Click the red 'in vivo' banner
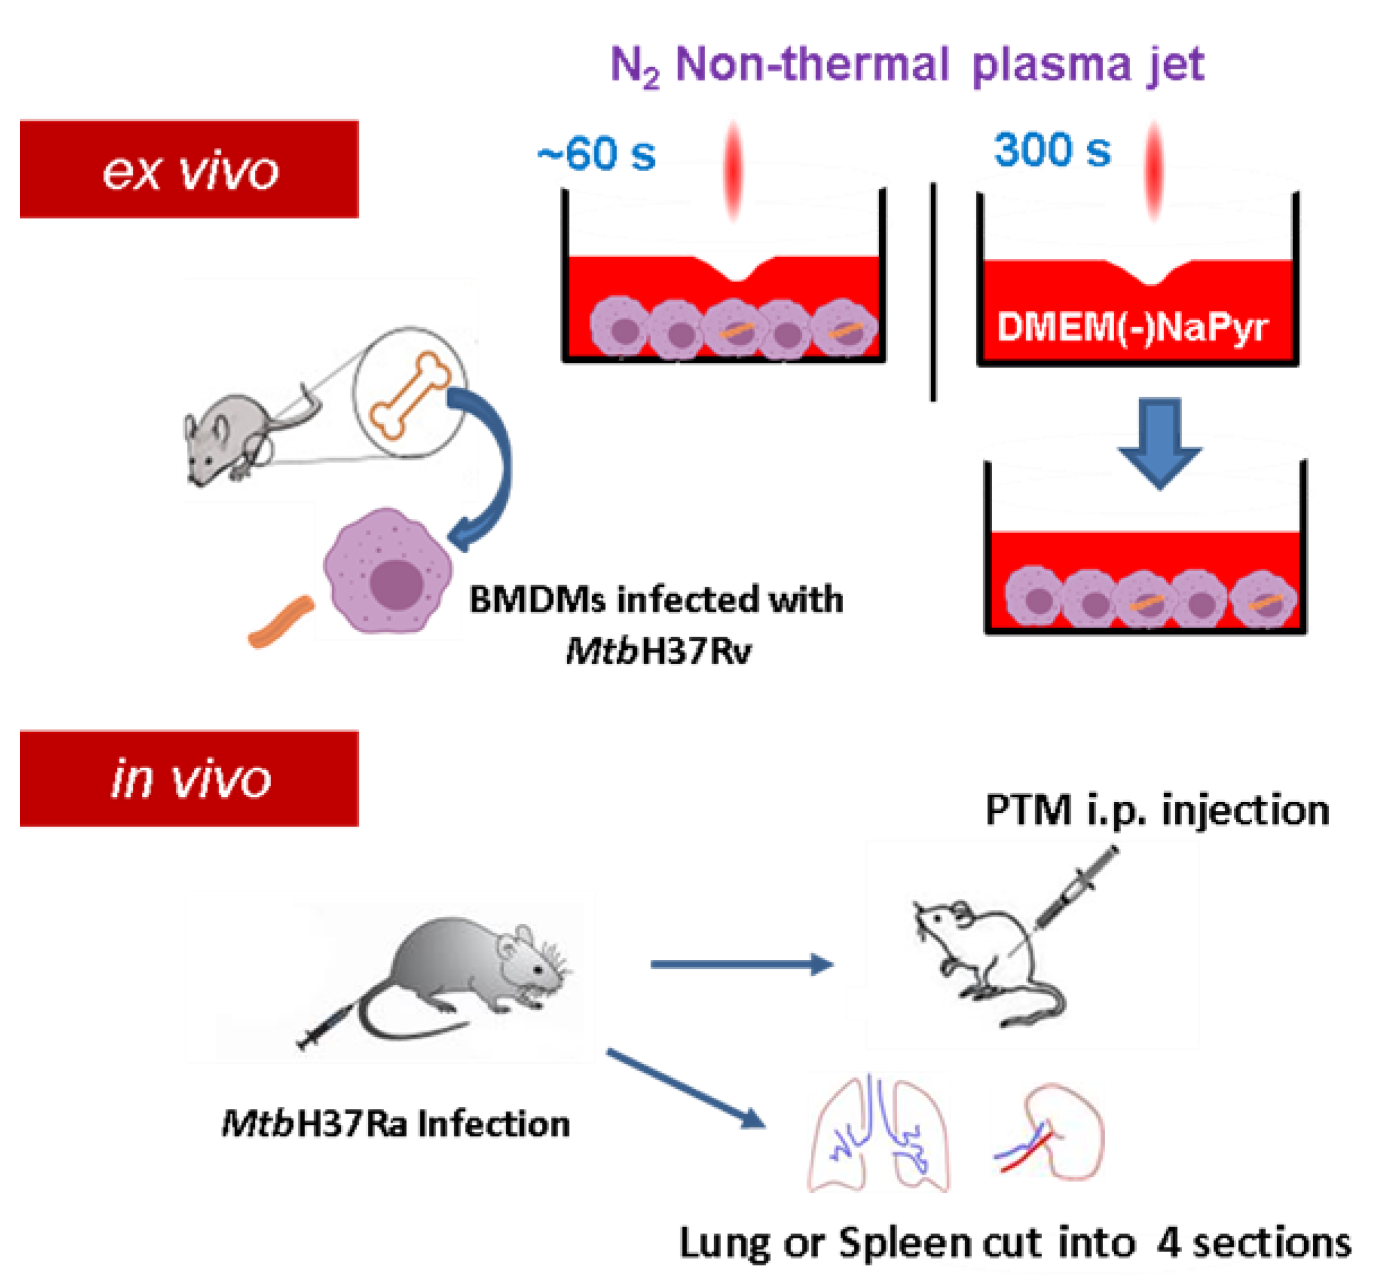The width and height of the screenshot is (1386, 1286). (189, 778)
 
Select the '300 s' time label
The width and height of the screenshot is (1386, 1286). (1052, 150)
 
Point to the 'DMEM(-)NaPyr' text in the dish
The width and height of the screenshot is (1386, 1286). (1132, 327)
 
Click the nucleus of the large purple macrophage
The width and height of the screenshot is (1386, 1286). (396, 583)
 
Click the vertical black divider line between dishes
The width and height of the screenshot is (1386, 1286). (932, 292)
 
